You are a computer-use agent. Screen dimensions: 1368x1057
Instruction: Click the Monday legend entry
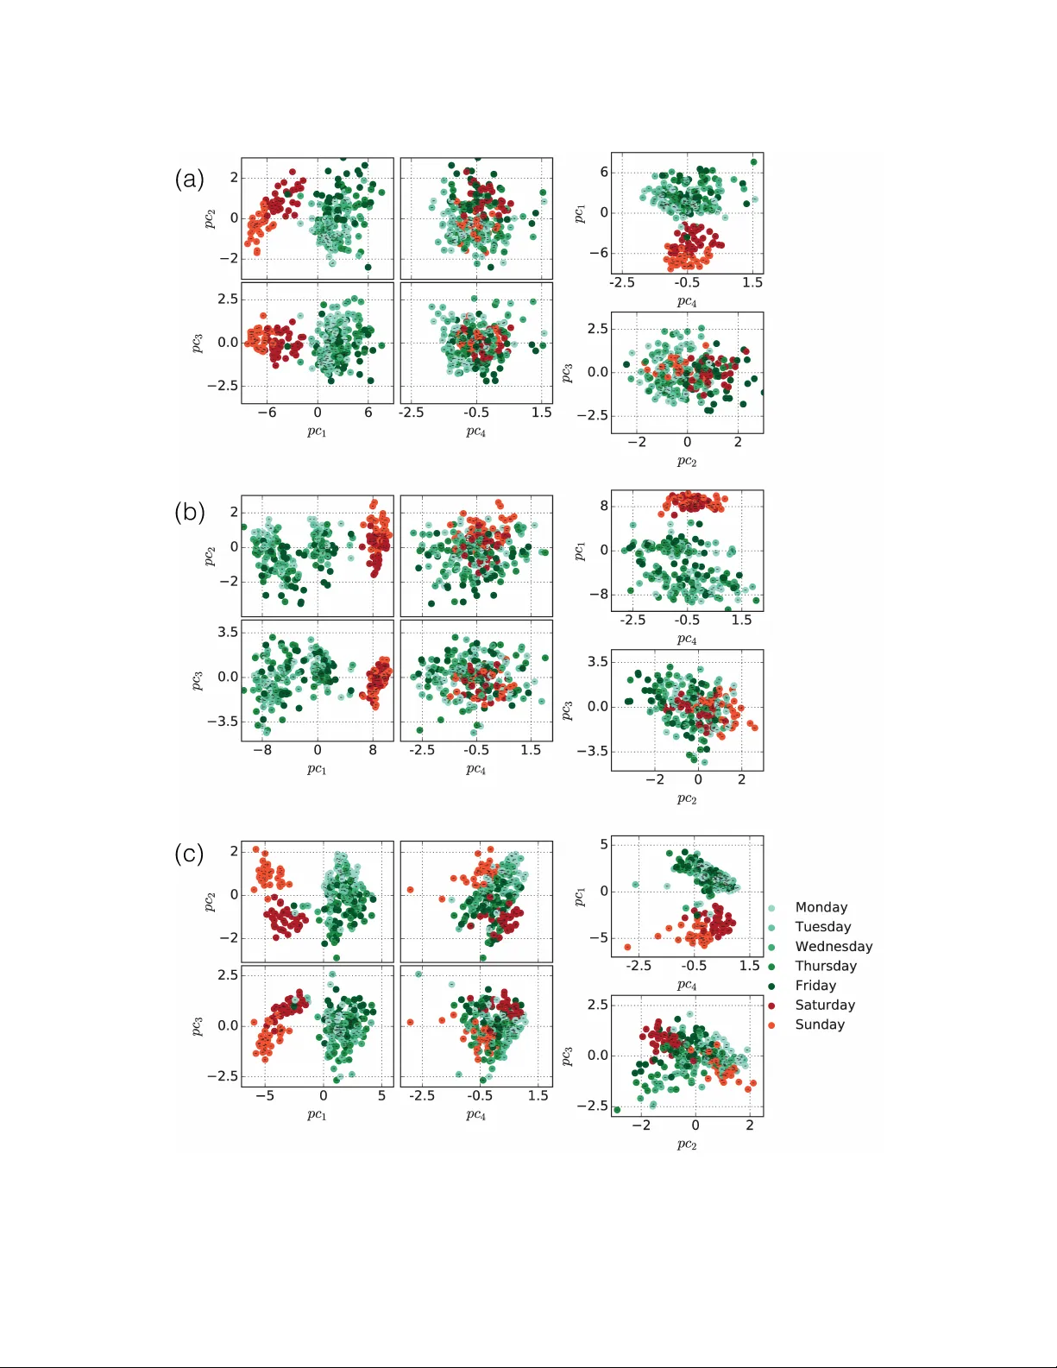(821, 907)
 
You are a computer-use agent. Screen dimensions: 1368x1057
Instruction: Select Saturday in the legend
(824, 1005)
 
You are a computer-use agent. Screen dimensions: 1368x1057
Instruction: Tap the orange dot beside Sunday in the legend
(771, 1024)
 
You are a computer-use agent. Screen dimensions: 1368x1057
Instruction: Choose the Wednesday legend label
(833, 946)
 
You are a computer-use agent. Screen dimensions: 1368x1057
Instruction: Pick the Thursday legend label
(825, 966)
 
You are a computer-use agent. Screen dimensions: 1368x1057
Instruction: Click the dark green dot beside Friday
(771, 986)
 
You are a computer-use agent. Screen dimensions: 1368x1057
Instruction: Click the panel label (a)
(190, 179)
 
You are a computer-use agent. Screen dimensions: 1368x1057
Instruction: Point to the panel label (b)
(190, 512)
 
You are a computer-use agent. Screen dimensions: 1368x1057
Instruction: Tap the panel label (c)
(190, 854)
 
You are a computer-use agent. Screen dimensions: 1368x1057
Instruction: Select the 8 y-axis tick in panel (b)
(604, 506)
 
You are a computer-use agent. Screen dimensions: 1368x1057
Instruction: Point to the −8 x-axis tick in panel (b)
(262, 750)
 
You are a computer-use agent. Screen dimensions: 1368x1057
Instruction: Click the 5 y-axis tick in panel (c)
(604, 844)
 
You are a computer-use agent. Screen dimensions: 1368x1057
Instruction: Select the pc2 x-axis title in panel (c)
(687, 1144)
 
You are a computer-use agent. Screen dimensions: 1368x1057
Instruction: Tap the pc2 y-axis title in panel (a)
(210, 219)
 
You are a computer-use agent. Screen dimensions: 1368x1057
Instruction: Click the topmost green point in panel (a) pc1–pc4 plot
(753, 162)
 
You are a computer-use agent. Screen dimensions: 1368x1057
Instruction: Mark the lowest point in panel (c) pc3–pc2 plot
(617, 1110)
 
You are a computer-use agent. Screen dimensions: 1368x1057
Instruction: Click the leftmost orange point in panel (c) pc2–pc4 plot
(411, 890)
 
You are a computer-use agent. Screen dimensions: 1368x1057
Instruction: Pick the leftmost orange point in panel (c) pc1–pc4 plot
(627, 947)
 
